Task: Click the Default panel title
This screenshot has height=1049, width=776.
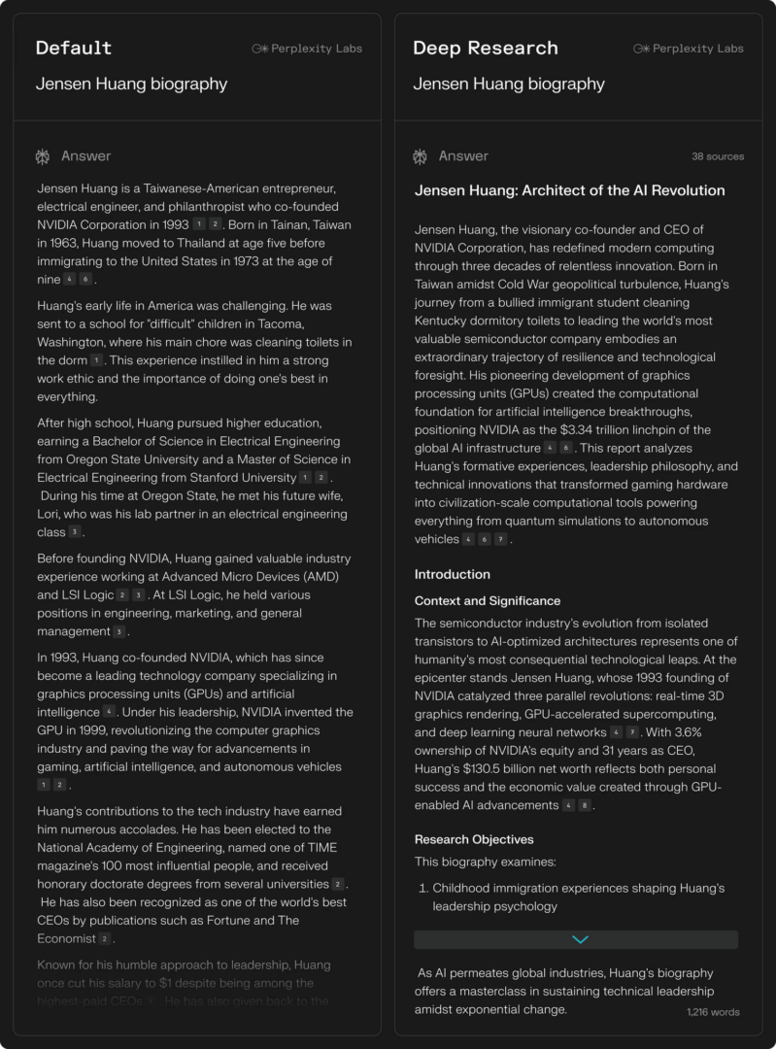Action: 74,48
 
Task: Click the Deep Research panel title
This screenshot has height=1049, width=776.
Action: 486,48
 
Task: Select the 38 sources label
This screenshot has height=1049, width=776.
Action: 718,156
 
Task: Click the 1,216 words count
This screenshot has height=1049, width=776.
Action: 713,1012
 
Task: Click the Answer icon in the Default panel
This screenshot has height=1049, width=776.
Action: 43,156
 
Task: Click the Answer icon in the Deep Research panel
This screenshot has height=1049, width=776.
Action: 420,156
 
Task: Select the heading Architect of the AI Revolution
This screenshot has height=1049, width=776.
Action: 569,190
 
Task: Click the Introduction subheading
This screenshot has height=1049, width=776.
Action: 453,574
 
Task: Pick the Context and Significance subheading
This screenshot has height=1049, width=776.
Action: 488,601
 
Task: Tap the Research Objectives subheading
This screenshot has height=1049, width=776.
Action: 474,839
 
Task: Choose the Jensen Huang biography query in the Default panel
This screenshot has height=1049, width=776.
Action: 132,84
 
